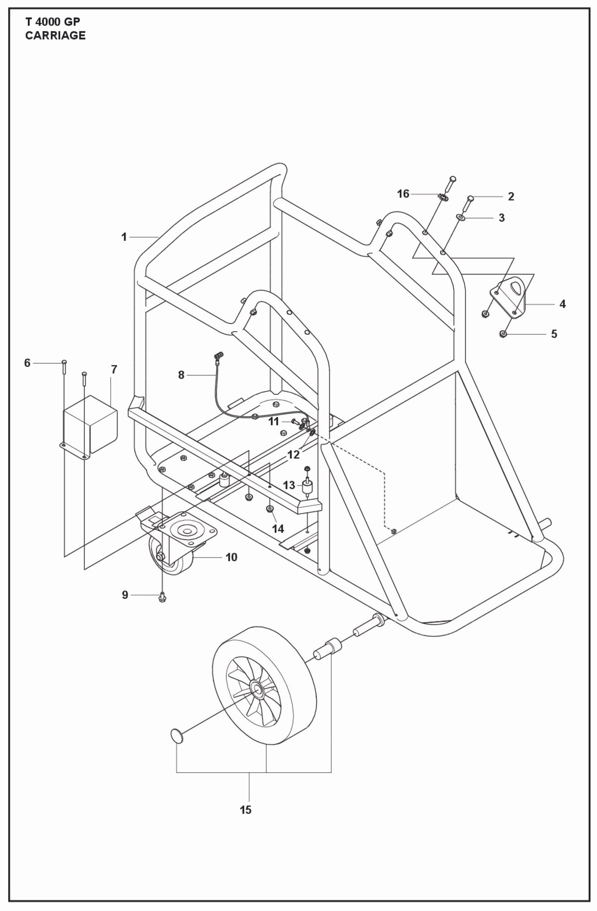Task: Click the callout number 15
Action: (245, 810)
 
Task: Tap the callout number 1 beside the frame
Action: (124, 237)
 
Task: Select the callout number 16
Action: (403, 194)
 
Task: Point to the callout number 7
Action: (114, 369)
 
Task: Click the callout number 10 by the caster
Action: (231, 557)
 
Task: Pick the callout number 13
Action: (289, 485)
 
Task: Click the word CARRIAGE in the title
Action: (55, 36)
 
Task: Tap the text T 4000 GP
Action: (52, 22)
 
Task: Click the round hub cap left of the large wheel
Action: (176, 735)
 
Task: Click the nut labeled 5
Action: (503, 333)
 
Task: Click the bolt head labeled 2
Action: (471, 198)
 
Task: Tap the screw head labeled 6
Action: (64, 362)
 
